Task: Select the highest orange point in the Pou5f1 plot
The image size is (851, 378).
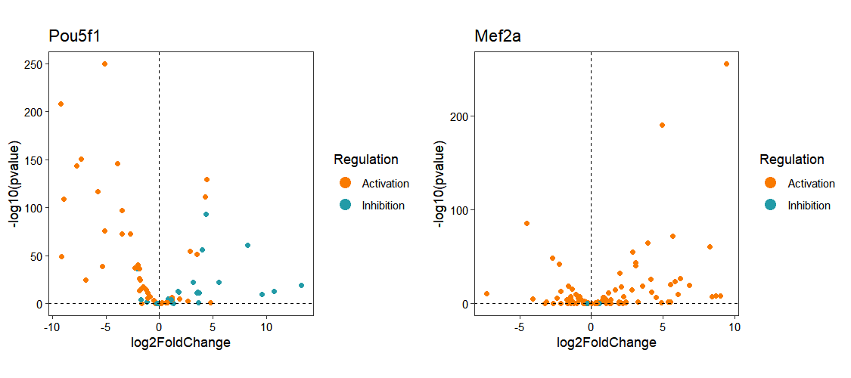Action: click(x=104, y=64)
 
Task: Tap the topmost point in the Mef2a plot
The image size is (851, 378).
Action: click(x=726, y=64)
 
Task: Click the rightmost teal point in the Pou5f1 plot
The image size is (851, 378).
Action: click(x=301, y=285)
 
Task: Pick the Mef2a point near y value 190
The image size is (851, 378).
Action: click(x=662, y=125)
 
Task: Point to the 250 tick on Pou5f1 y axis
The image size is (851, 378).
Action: click(x=33, y=64)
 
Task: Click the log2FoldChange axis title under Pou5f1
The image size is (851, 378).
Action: click(x=181, y=342)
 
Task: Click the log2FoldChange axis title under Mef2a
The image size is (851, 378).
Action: click(x=607, y=342)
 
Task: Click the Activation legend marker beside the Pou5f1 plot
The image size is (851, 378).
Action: click(x=346, y=183)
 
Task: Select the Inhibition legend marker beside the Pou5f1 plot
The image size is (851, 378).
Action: click(x=346, y=205)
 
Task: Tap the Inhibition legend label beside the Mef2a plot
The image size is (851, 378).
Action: click(x=809, y=206)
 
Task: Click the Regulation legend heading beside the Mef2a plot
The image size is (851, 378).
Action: click(x=791, y=160)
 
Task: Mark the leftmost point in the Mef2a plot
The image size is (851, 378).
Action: click(x=486, y=293)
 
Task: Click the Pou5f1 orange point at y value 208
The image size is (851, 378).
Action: click(x=61, y=104)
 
